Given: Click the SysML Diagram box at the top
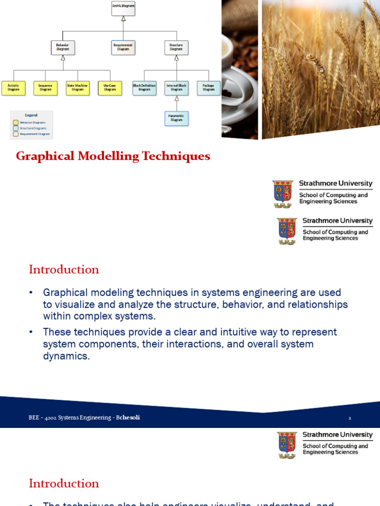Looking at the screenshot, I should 123,8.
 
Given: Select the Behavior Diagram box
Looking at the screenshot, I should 63,47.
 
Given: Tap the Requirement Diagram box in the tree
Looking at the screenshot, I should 123,47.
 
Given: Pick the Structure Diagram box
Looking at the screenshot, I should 176,47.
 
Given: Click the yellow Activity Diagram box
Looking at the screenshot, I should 13,88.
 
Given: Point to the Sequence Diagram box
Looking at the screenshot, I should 46,88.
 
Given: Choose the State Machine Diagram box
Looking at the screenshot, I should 78,88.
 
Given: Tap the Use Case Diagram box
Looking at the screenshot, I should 110,88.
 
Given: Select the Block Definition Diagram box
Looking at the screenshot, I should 144,88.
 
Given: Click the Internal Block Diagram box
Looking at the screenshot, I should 177,88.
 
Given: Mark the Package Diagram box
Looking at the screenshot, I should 208,88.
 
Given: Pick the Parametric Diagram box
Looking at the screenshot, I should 177,118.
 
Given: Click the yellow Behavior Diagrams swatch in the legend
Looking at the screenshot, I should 16,122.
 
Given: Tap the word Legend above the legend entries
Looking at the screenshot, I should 31,115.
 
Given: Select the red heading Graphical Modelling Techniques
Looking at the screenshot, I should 113,156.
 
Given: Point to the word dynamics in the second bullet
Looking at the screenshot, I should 66,356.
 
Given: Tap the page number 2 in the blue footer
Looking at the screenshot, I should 350,418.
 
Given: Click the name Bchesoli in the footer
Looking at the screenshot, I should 128,418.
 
